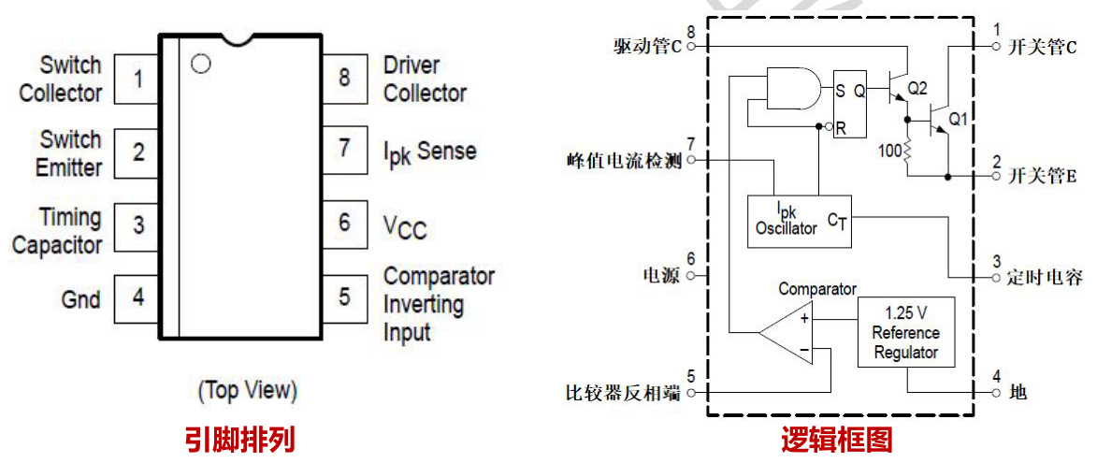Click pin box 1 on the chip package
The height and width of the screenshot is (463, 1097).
coord(138,79)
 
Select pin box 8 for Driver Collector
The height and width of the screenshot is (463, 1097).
coord(345,78)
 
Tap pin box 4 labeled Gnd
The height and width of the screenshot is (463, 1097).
coord(138,298)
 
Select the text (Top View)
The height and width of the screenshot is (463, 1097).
coord(247,390)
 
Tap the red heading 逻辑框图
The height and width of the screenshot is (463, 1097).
coord(837,438)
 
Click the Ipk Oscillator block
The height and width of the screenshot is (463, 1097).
coord(799,222)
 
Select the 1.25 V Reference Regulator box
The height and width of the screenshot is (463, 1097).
coord(905,332)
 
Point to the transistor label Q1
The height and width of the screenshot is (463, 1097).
coord(959,120)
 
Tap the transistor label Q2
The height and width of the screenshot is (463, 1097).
coord(917,88)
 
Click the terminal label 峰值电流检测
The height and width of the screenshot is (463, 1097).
coord(624,161)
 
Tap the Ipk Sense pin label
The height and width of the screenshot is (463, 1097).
coord(429,152)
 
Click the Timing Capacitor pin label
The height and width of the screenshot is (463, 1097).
coord(58,232)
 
